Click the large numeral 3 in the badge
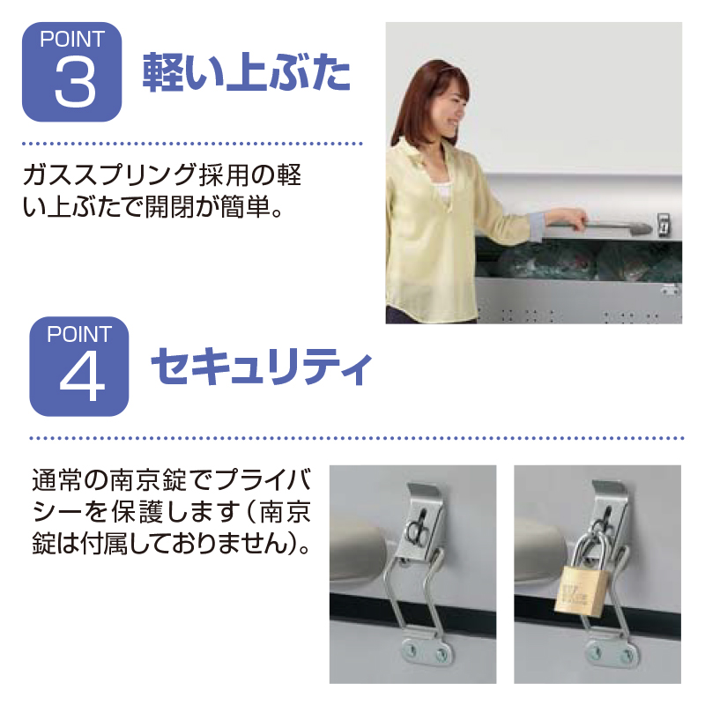(x=75, y=83)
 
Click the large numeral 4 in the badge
(x=82, y=379)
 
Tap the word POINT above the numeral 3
(x=72, y=39)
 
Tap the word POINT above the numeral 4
(x=79, y=335)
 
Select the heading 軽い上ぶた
(x=247, y=72)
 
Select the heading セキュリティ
(x=261, y=367)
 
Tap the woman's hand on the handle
(x=566, y=220)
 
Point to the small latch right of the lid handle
(x=664, y=224)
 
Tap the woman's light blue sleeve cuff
(x=538, y=226)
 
